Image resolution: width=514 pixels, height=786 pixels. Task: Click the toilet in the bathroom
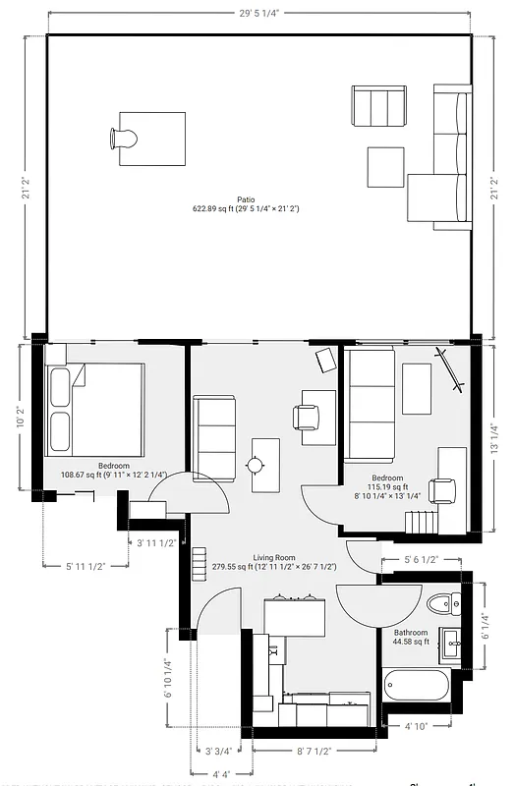click(x=439, y=602)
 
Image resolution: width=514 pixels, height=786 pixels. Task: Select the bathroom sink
click(x=453, y=645)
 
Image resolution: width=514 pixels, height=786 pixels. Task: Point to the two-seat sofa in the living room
click(x=214, y=435)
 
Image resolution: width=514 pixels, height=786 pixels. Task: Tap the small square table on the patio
click(x=385, y=166)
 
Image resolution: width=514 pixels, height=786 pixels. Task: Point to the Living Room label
click(x=274, y=560)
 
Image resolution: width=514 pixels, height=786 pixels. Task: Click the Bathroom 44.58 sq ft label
click(x=411, y=637)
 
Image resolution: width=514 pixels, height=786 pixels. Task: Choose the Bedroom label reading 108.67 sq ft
click(x=113, y=470)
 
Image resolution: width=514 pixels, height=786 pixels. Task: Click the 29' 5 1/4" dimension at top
click(x=257, y=13)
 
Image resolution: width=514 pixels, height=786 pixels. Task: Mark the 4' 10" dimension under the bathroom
click(x=416, y=727)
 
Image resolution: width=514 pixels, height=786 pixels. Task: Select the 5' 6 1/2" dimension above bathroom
click(x=421, y=559)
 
